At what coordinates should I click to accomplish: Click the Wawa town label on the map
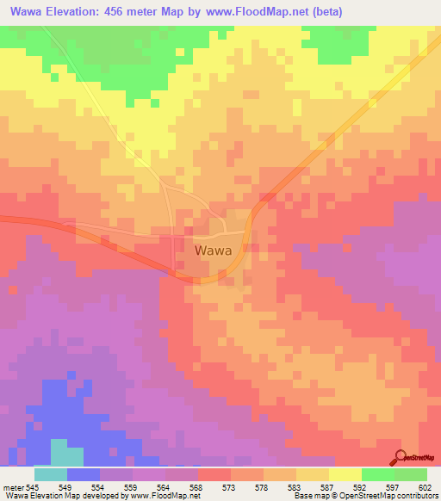pos(212,251)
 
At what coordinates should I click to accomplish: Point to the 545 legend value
pos(31,487)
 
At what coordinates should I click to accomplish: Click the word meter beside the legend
pos(11,487)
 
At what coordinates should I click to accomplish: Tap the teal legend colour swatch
pos(51,474)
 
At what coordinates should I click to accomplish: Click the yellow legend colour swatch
pos(345,474)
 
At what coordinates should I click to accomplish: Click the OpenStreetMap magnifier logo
pos(401,456)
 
